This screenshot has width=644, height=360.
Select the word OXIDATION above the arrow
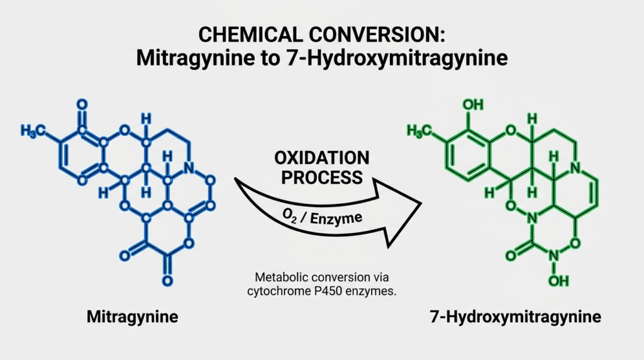[322, 158]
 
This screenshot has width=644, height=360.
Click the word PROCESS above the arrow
[322, 177]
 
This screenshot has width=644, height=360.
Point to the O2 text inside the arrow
[289, 215]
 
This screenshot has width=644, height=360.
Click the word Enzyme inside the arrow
[336, 218]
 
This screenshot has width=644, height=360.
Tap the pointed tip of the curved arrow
[421, 203]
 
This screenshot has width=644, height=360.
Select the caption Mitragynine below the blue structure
[132, 317]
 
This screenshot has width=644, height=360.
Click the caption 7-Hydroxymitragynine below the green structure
[516, 317]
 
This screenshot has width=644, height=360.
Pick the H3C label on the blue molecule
[33, 131]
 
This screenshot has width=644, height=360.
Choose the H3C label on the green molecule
[419, 131]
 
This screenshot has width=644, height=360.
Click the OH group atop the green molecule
[473, 105]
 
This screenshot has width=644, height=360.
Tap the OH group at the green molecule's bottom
[558, 281]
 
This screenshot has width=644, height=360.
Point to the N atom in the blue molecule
[189, 167]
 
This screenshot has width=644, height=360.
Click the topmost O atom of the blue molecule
[82, 104]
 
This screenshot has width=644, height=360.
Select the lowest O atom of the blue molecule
[167, 281]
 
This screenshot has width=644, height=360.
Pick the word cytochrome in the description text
[279, 292]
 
